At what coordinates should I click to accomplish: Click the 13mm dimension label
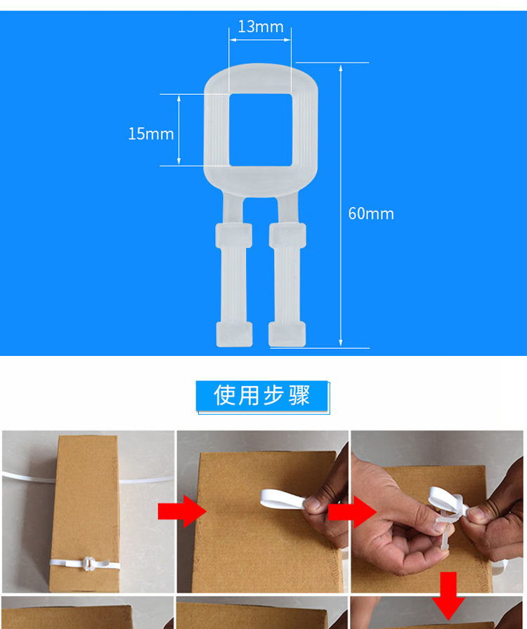261,27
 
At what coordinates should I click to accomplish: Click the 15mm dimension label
151,134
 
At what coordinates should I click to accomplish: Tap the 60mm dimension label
371,213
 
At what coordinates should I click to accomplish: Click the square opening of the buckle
261,130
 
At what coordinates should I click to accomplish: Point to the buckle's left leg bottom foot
235,334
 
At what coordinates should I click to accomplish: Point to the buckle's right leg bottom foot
287,334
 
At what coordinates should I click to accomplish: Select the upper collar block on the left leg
234,235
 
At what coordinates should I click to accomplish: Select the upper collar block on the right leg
287,235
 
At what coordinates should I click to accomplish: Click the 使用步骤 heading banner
262,397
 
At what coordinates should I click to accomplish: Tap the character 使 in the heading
224,395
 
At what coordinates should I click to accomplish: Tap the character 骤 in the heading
299,395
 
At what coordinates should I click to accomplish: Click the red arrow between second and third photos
352,512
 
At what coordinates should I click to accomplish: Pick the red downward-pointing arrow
448,596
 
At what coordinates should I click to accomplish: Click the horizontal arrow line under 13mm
260,40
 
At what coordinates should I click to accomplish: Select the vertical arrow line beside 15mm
178,130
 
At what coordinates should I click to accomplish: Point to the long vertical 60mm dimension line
341,205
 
